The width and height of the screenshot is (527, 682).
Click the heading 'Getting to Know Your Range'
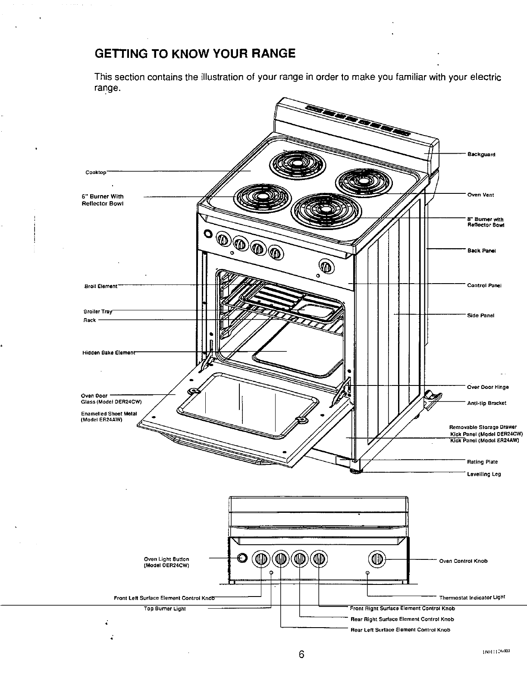click(195, 54)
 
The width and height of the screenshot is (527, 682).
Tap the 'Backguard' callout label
click(481, 155)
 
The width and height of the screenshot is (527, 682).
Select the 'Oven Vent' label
click(480, 195)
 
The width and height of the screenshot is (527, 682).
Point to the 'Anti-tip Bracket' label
click(486, 403)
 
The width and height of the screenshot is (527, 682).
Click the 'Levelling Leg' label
click(484, 474)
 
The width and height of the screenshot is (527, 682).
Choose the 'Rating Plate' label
click(483, 462)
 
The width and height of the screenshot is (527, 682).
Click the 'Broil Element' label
click(100, 286)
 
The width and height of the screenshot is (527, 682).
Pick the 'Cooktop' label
click(96, 173)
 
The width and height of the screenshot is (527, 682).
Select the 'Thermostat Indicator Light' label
click(472, 598)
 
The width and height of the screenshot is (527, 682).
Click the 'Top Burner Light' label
click(164, 609)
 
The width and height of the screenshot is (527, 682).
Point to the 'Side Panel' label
click(480, 316)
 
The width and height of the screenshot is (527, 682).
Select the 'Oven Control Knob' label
click(463, 561)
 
